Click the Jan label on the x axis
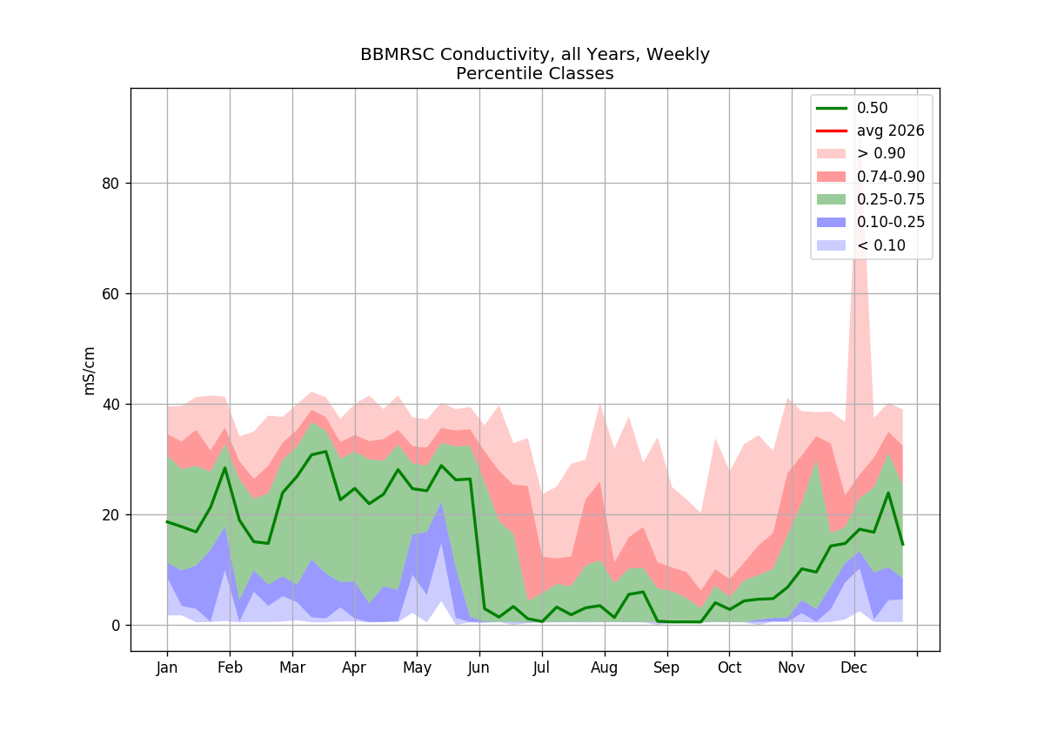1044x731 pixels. [x=167, y=668]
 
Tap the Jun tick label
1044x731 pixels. [x=478, y=668]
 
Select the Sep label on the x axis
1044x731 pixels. [x=666, y=668]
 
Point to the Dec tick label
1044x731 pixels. [x=853, y=668]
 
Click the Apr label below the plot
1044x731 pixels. [x=354, y=668]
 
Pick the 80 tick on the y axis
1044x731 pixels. [x=110, y=184]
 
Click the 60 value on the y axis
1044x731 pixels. [x=110, y=294]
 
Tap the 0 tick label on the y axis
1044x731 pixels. [x=116, y=626]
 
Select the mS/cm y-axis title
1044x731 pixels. [x=89, y=371]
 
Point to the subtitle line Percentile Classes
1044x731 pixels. [x=534, y=74]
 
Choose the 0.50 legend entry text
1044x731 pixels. [x=872, y=108]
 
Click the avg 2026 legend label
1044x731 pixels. [x=890, y=131]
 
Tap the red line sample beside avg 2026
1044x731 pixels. [x=832, y=131]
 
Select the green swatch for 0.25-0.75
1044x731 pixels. [x=832, y=199]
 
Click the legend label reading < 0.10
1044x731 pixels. [x=880, y=245]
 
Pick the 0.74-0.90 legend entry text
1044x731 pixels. [x=891, y=177]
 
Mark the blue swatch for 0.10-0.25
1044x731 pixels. [x=832, y=223]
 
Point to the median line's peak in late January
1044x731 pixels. [x=225, y=467]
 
